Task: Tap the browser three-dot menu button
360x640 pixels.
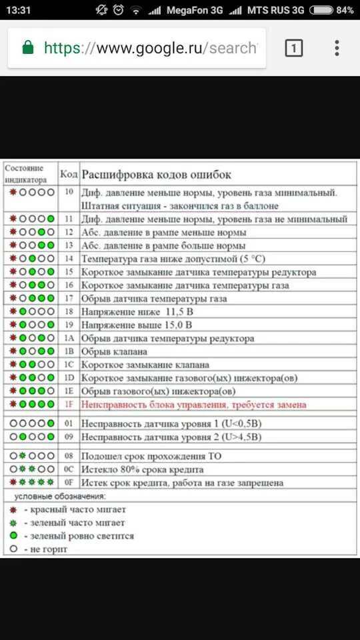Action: coord(337,48)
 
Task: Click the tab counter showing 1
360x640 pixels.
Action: coord(294,48)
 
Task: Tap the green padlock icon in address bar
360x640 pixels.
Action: coord(28,48)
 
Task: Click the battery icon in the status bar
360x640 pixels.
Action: coord(321,10)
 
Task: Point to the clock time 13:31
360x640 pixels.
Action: coord(19,10)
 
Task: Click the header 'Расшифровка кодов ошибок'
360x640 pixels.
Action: coord(156,175)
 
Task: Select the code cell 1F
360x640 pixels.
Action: coord(69,405)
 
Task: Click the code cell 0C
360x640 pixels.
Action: coord(69,469)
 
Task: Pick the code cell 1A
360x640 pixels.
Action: coord(69,339)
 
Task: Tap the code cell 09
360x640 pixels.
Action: coord(69,437)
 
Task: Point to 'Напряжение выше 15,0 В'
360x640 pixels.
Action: coord(137,325)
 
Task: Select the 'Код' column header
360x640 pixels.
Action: coord(69,175)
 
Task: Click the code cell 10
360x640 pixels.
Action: coord(69,192)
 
